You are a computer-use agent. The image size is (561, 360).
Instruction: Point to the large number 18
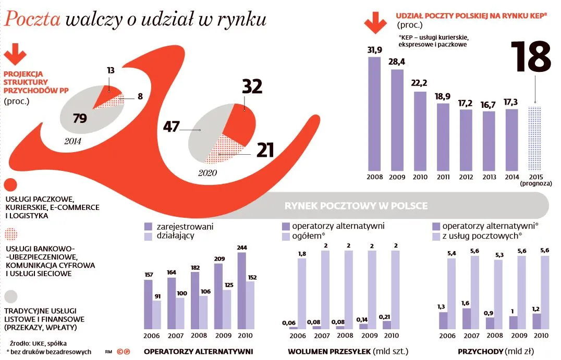pyautogui.click(x=531, y=57)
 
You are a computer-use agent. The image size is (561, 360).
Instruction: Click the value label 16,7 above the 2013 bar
pyautogui.click(x=489, y=105)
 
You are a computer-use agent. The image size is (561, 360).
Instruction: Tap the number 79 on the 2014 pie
pyautogui.click(x=79, y=119)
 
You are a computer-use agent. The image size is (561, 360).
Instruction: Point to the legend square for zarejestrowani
pyautogui.click(x=148, y=227)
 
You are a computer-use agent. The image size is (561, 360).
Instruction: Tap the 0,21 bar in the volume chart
pyautogui.click(x=387, y=325)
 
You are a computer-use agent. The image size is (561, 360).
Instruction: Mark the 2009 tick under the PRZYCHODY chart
pyautogui.click(x=517, y=336)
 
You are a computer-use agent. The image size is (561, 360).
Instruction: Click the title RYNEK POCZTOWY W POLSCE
pyautogui.click(x=356, y=206)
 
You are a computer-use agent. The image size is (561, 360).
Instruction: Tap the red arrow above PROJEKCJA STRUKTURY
pyautogui.click(x=16, y=55)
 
